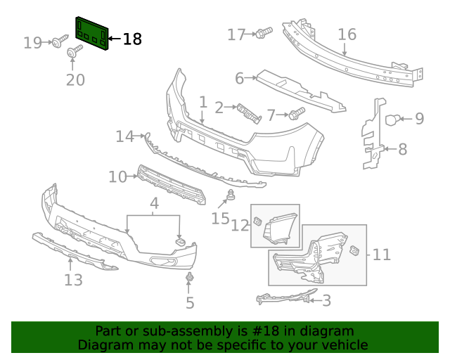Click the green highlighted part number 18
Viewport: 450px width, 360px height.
(92, 33)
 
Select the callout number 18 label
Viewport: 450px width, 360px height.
(132, 39)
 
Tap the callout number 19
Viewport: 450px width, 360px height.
(32, 43)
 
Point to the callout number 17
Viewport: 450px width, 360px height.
(236, 34)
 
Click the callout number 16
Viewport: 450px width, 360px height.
(347, 34)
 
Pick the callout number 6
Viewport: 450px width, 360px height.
(239, 78)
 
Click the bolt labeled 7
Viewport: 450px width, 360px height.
(295, 112)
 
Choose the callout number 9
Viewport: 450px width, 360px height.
(419, 118)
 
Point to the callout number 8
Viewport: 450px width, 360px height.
(402, 149)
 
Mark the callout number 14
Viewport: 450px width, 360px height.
(124, 136)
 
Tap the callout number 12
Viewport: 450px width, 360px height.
(240, 225)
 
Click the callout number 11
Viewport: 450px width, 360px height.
(381, 254)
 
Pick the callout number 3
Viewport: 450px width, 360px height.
(326, 301)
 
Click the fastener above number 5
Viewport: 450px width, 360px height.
(189, 280)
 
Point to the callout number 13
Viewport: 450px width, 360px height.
(73, 280)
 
